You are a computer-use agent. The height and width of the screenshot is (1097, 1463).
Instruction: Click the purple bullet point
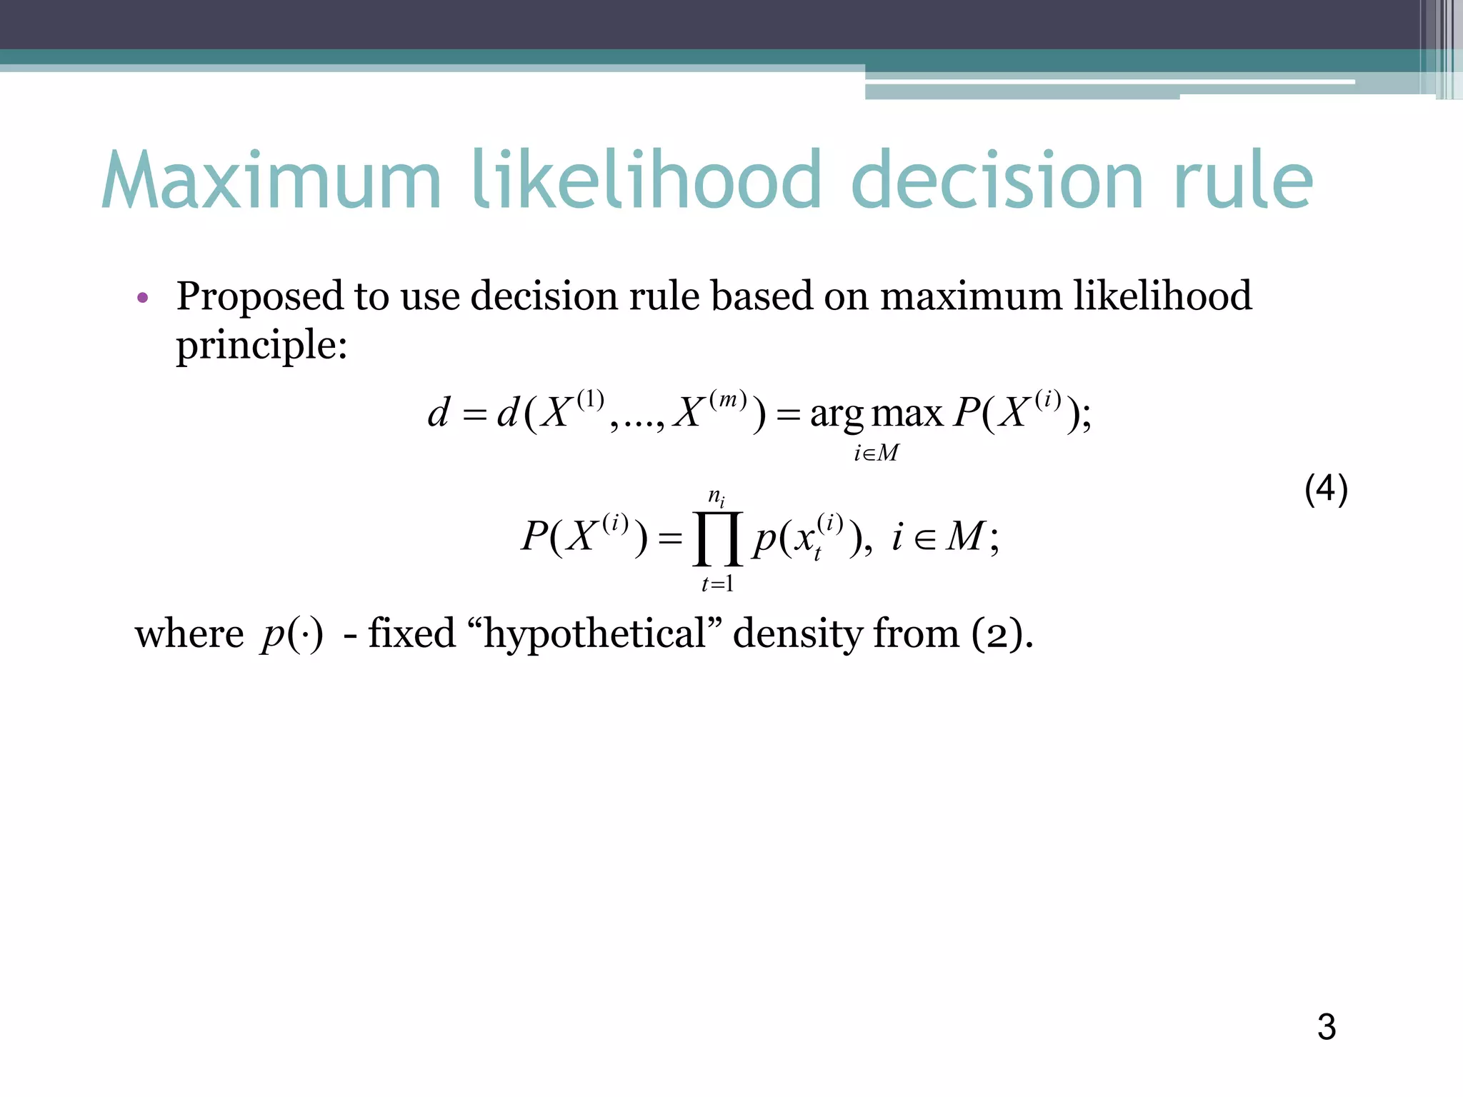143,298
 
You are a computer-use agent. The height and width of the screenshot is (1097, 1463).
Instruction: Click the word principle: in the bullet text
261,346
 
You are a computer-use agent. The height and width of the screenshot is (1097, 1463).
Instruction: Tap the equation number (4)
1326,490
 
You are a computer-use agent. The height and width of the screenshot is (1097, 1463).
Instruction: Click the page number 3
1327,1027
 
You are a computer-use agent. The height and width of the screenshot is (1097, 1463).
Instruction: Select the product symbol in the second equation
718,539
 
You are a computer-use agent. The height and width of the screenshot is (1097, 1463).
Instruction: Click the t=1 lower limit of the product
718,584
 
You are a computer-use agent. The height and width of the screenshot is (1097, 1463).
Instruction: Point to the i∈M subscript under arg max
877,453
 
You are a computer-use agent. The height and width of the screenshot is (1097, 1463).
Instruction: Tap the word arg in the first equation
837,414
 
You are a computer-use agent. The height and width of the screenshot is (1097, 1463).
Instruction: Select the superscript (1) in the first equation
590,399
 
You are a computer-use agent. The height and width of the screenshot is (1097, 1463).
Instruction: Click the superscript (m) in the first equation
728,399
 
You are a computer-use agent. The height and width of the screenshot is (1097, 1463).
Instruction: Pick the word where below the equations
189,633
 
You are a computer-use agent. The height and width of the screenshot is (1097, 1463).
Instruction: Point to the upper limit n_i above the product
716,496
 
